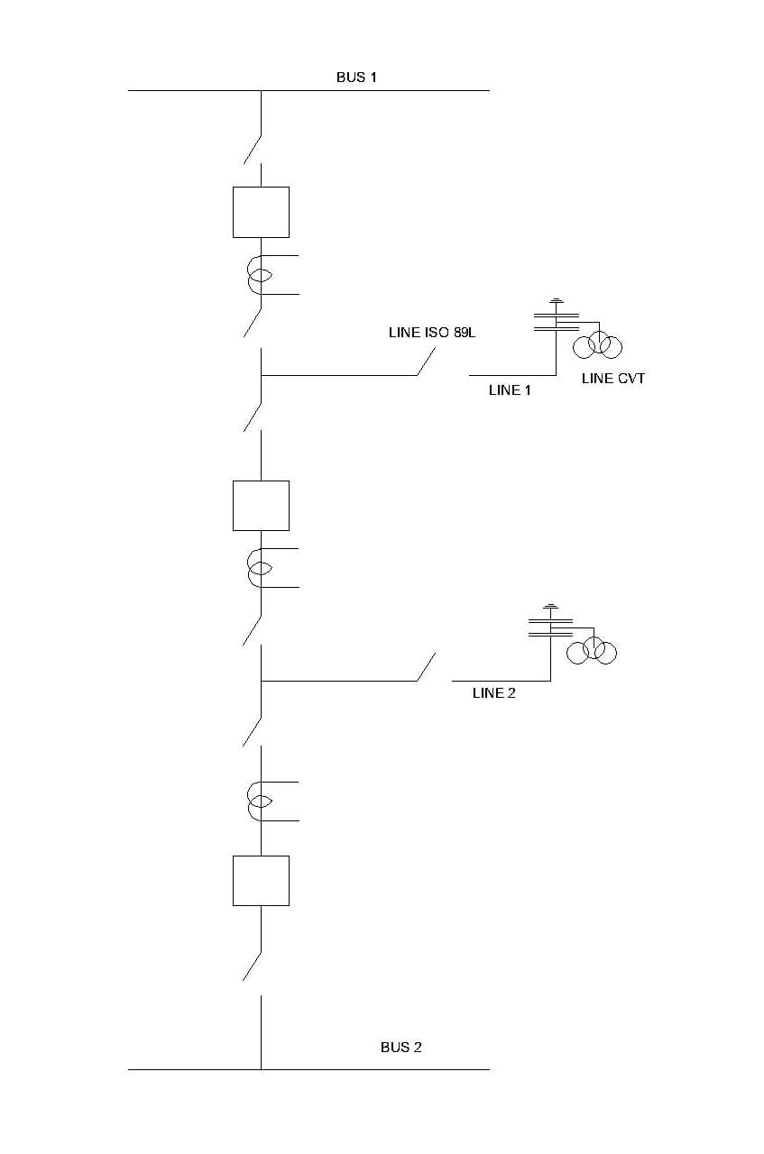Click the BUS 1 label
click(356, 78)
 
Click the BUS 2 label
click(400, 1048)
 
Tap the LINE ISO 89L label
click(431, 333)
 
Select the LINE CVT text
click(613, 379)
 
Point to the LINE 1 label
click(504, 390)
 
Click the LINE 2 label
click(494, 693)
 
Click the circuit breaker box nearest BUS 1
click(261, 212)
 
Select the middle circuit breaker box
click(261, 505)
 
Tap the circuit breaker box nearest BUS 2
click(261, 880)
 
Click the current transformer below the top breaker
click(260, 275)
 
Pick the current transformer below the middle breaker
click(260, 568)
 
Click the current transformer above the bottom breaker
click(260, 801)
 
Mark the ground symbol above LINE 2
click(550, 607)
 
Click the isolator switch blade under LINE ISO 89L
click(427, 362)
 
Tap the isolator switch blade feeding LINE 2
click(427, 667)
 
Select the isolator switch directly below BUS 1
click(253, 149)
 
